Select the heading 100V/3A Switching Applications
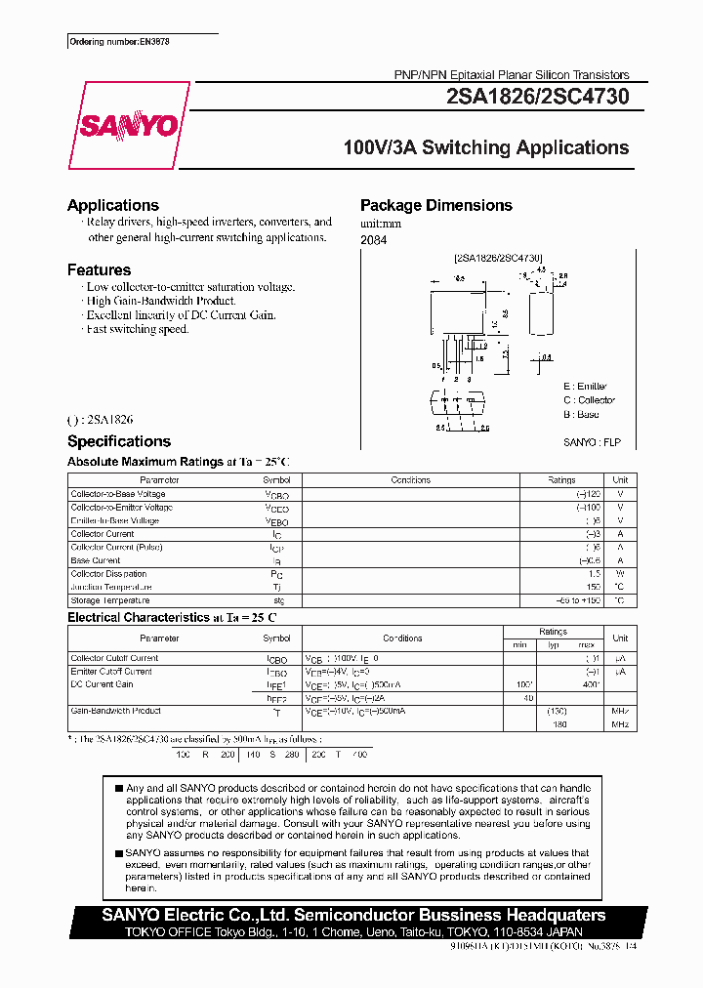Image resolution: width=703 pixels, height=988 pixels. click(x=485, y=147)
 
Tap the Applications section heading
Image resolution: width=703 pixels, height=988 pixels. click(x=112, y=205)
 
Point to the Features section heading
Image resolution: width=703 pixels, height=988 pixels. click(x=99, y=269)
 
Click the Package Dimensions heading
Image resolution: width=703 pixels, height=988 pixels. click(x=435, y=205)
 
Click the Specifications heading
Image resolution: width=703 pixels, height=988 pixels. click(x=118, y=441)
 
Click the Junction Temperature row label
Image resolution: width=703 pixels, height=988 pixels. click(x=111, y=587)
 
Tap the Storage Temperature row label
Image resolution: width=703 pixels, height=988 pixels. click(x=110, y=600)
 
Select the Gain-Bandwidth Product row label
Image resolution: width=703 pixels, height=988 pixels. click(x=115, y=711)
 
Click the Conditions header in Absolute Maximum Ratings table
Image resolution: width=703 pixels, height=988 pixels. click(x=410, y=480)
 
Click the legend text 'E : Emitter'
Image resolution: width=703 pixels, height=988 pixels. click(x=585, y=387)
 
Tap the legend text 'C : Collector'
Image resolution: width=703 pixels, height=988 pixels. click(x=589, y=400)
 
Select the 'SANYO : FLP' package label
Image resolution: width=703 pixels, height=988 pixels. click(x=591, y=442)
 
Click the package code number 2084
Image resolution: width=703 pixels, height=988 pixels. click(x=373, y=240)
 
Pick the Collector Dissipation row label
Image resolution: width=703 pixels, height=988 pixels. click(x=109, y=574)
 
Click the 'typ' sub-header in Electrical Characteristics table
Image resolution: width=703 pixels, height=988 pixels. click(x=553, y=645)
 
